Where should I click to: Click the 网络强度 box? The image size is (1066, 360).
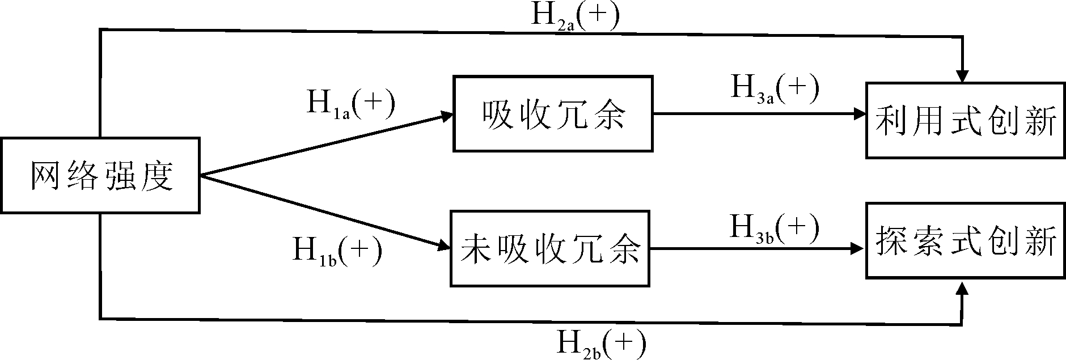(x=100, y=175)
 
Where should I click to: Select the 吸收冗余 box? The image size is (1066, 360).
(x=553, y=114)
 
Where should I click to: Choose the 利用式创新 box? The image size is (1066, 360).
(x=965, y=120)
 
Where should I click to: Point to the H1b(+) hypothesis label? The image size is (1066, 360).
(x=337, y=250)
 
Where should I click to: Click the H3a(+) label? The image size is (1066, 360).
(x=775, y=90)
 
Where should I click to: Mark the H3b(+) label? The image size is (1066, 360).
(x=774, y=228)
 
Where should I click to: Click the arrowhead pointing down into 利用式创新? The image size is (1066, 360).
(x=962, y=76)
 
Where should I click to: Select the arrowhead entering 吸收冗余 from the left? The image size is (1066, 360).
(x=447, y=116)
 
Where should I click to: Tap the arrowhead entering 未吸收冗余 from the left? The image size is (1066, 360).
(x=444, y=245)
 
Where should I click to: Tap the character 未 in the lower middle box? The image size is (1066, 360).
(x=475, y=249)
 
